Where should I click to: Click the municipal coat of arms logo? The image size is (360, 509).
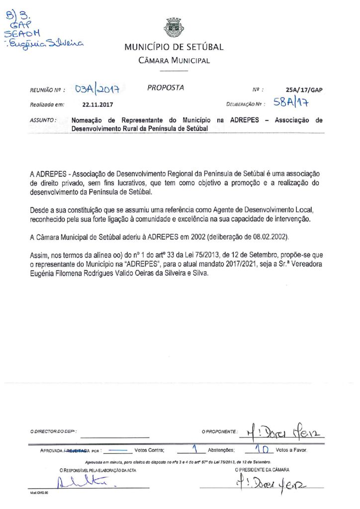click(174, 28)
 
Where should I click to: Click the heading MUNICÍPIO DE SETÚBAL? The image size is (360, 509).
click(174, 48)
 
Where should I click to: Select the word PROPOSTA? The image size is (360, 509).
click(166, 88)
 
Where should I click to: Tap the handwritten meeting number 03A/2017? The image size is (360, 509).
click(99, 89)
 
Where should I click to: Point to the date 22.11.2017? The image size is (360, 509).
click(98, 105)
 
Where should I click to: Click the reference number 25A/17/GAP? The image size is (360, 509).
click(304, 90)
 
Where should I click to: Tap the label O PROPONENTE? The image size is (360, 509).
click(219, 431)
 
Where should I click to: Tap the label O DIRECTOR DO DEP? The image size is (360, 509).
click(54, 431)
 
